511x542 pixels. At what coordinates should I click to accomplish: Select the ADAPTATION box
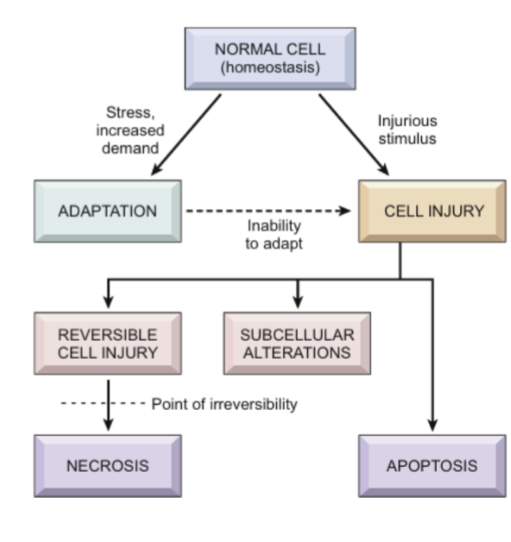108,211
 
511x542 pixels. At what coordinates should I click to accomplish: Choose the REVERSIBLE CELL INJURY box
108,343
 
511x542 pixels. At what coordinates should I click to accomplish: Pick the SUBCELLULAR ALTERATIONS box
297,343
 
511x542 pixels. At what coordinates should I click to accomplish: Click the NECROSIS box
108,465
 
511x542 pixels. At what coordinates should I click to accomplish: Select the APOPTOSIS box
432,465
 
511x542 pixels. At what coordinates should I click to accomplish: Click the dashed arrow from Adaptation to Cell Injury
268,211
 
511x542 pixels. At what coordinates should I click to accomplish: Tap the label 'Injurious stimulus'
407,129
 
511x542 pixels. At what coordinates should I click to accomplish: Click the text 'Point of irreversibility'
224,404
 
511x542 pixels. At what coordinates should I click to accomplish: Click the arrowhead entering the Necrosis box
108,425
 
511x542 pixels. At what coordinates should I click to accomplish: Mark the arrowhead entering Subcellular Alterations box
297,303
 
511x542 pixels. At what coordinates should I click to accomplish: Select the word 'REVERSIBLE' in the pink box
108,335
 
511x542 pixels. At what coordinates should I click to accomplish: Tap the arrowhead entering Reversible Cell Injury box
108,303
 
